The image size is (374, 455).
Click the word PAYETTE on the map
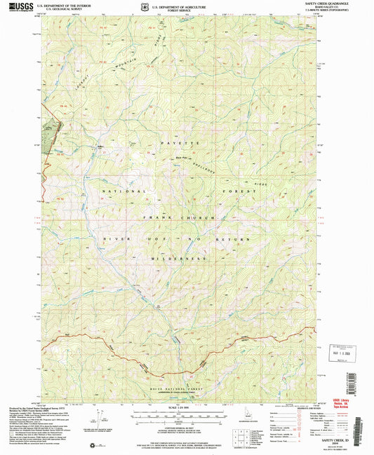click(185, 142)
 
